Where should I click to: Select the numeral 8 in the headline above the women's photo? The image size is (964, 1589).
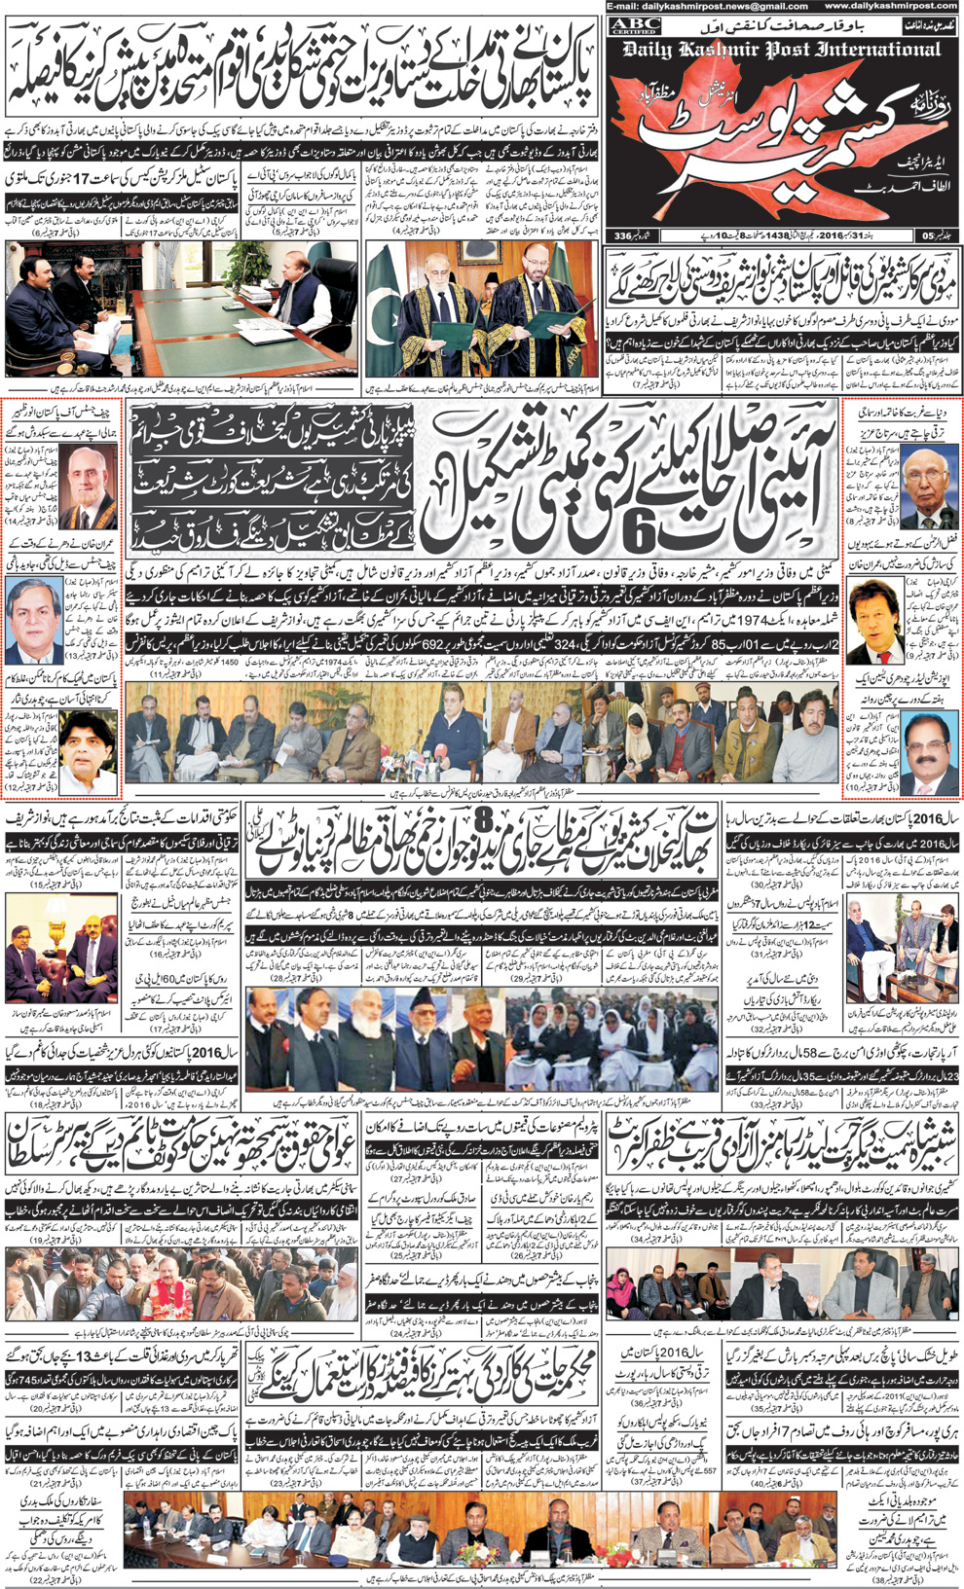[484, 828]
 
